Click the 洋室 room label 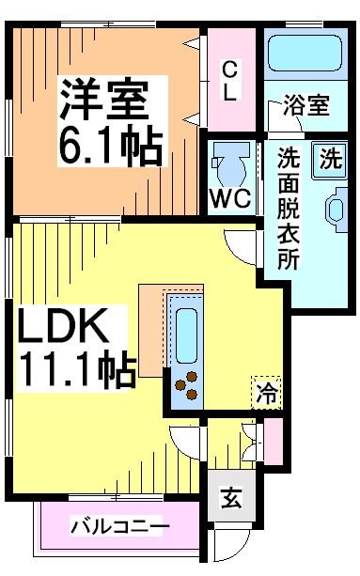tap(105, 99)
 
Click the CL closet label tap(230, 80)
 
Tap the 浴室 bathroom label tap(306, 105)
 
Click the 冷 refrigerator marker tap(267, 394)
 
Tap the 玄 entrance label tap(230, 498)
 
